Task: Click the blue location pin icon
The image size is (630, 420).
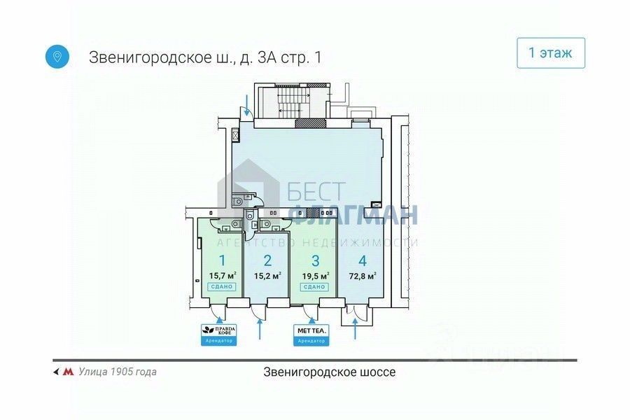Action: [57, 56]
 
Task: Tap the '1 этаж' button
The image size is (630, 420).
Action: [550, 53]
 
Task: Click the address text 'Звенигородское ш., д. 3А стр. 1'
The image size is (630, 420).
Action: [205, 57]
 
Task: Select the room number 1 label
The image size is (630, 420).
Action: [221, 261]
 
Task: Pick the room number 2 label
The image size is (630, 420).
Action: [267, 261]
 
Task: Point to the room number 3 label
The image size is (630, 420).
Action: [315, 261]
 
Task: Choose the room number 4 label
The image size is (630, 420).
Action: [362, 261]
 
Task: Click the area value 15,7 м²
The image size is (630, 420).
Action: [222, 275]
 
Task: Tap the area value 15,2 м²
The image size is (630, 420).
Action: [267, 275]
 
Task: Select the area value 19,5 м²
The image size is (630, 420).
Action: [316, 275]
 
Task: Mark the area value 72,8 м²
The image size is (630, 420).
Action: [362, 275]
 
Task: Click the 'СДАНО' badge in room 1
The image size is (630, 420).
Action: [222, 286]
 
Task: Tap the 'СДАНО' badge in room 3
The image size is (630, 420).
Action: [316, 286]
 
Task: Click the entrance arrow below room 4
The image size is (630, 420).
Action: [356, 328]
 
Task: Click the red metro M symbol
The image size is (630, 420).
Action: [68, 372]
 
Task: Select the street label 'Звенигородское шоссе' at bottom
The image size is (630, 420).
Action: [330, 372]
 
